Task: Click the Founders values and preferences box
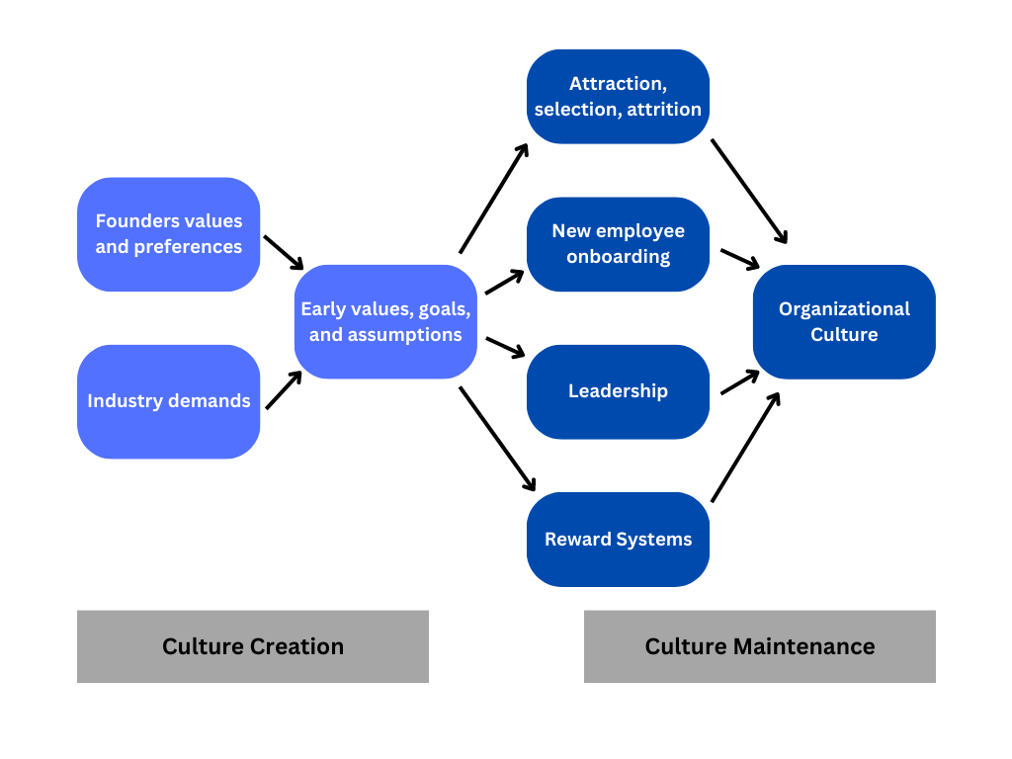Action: [x=168, y=234]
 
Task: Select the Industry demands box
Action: [x=168, y=401]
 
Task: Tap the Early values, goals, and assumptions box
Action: [x=385, y=321]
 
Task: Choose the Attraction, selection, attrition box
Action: [x=618, y=97]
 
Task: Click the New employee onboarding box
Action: [x=618, y=244]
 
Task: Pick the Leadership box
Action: [x=618, y=391]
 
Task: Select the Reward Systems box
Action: [x=618, y=540]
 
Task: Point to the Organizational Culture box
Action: [x=844, y=321]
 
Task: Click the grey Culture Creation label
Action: [x=253, y=646]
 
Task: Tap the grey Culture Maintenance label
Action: [x=759, y=646]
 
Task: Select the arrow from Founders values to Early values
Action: [x=284, y=252]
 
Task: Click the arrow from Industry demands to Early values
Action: [x=284, y=390]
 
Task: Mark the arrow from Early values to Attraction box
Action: [x=494, y=198]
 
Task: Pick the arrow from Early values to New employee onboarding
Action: [x=504, y=282]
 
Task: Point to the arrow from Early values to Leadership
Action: [x=504, y=347]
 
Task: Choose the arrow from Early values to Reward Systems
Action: [x=497, y=439]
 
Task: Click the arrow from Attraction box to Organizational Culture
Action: [x=749, y=191]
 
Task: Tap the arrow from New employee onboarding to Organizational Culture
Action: [x=739, y=259]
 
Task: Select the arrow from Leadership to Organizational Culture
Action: [x=739, y=382]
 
